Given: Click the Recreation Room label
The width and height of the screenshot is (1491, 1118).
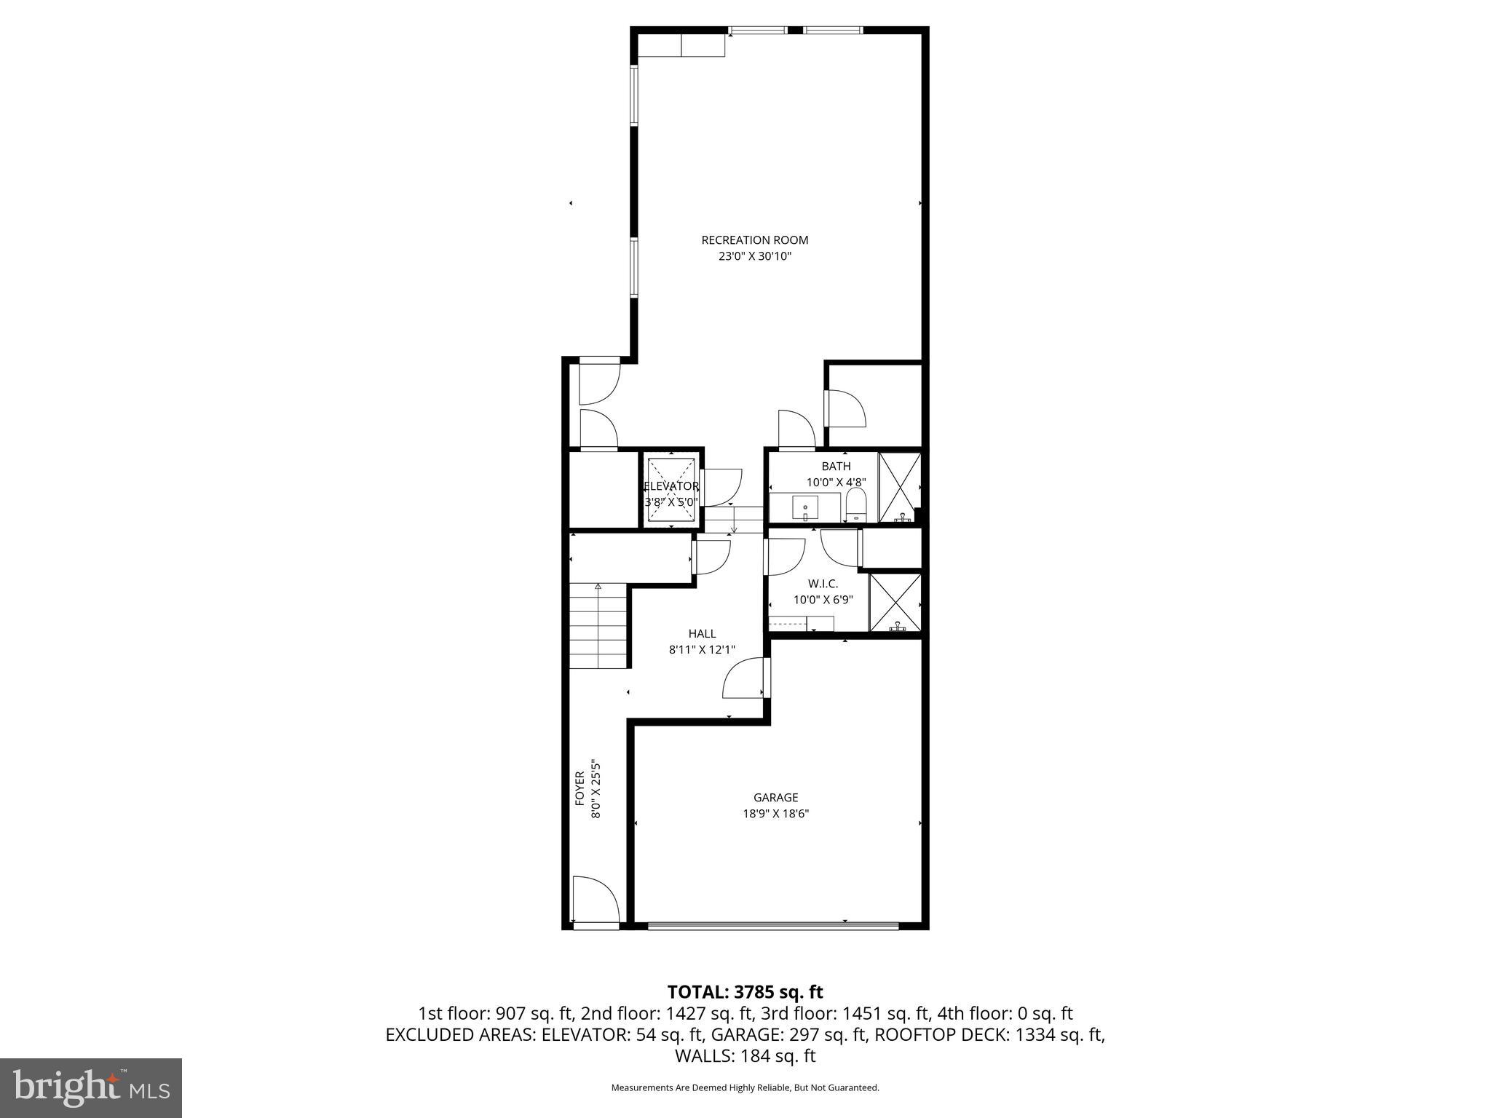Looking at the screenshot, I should click(x=754, y=240).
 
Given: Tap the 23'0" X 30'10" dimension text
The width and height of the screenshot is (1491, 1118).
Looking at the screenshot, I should click(x=754, y=256).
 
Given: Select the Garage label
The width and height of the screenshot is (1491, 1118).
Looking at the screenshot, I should click(x=775, y=798).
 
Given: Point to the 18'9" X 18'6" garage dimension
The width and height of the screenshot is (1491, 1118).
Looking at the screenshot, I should click(x=775, y=814).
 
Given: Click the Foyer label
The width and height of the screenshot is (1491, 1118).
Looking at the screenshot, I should click(x=580, y=788).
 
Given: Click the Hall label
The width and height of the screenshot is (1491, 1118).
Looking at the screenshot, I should click(x=702, y=634).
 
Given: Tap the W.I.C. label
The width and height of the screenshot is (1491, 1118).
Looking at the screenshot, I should click(x=823, y=584).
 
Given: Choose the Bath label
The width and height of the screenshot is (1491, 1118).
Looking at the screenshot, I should click(x=836, y=467).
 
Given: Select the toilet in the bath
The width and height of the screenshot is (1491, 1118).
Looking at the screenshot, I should click(x=856, y=504).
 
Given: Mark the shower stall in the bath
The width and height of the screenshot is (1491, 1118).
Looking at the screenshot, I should click(x=900, y=488).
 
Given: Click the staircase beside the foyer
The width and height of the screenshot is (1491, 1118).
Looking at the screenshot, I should click(x=598, y=626).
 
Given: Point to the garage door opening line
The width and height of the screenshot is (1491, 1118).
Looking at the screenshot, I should click(x=772, y=926).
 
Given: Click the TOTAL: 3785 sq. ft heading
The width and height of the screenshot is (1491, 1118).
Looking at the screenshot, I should click(x=745, y=992).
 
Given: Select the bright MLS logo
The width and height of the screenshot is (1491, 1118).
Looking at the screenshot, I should click(x=91, y=1087).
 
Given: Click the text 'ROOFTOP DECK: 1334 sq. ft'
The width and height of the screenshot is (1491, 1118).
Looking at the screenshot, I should click(x=989, y=1035).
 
